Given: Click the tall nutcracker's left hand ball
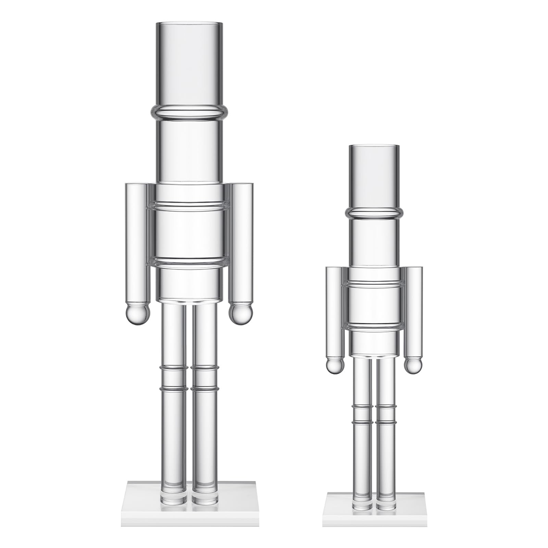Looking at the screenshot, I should (x=138, y=314).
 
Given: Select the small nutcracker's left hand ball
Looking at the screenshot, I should (x=334, y=366).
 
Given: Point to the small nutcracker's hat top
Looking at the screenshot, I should (x=374, y=147).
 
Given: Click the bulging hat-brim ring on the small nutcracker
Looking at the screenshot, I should (x=374, y=213).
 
